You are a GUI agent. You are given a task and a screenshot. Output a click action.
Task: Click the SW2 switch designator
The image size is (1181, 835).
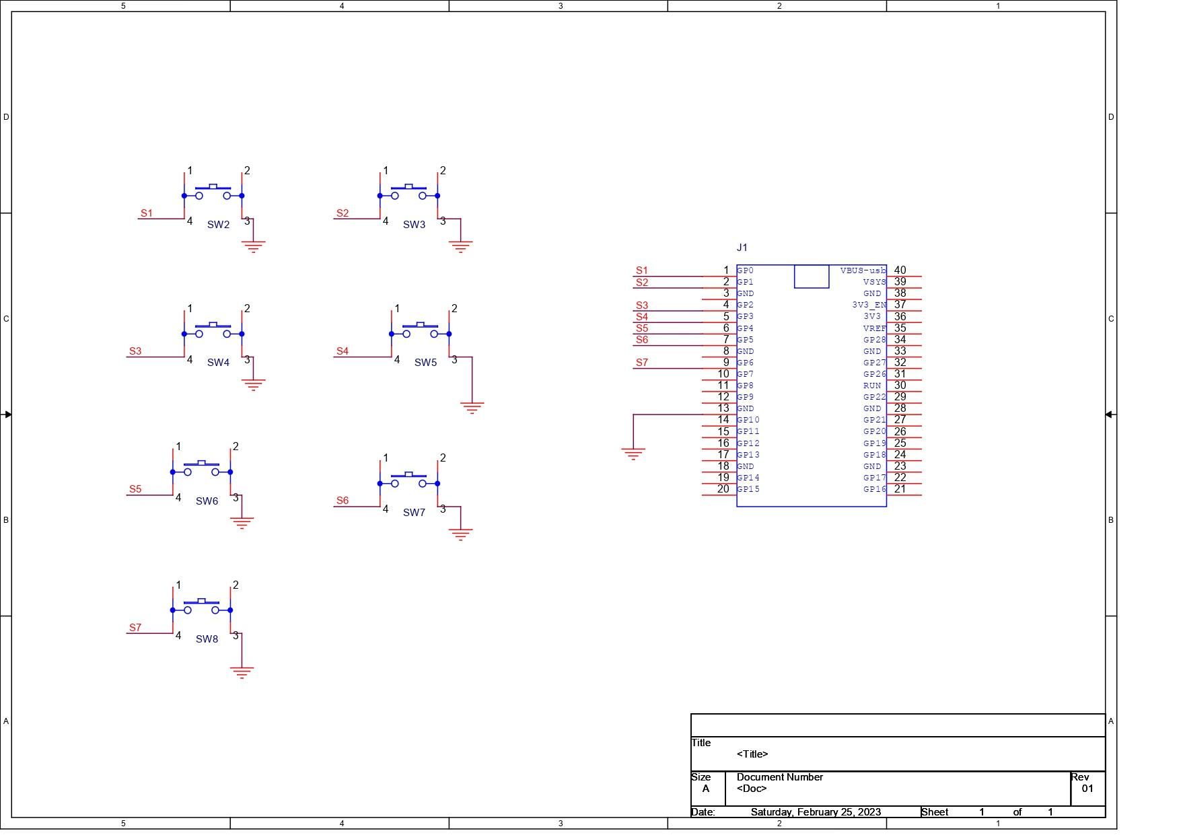218,225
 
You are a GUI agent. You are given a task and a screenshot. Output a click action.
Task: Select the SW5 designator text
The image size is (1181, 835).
425,363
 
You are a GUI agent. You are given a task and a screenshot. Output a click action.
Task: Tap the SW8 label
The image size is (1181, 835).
207,639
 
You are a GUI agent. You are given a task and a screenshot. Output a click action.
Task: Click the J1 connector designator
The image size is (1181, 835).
742,248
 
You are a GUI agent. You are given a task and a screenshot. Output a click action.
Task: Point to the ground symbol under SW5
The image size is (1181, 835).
472,408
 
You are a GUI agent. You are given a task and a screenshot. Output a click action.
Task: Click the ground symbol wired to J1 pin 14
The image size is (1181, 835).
633,453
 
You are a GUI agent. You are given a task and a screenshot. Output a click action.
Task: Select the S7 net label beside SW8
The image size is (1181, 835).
135,628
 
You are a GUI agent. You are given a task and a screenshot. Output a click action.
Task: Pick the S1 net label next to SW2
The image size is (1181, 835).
147,213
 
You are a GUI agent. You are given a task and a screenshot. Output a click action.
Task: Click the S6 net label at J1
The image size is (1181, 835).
642,340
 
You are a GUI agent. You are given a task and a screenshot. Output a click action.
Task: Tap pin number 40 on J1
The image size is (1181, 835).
900,270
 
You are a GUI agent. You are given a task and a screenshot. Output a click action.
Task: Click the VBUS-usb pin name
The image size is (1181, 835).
863,270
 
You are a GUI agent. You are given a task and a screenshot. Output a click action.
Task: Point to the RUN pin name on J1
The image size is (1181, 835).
872,386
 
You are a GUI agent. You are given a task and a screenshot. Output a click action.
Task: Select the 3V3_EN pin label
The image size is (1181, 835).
869,305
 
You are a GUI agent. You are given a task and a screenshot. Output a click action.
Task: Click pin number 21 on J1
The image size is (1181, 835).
900,489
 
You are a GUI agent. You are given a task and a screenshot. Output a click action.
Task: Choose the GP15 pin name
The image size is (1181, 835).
748,489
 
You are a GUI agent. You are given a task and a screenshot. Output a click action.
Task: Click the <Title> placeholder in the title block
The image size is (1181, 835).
752,754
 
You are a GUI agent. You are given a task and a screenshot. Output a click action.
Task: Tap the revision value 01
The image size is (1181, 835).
1087,789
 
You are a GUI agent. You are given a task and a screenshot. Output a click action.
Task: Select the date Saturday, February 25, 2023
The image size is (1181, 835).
816,812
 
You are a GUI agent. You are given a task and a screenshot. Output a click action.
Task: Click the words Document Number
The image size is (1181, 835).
780,777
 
